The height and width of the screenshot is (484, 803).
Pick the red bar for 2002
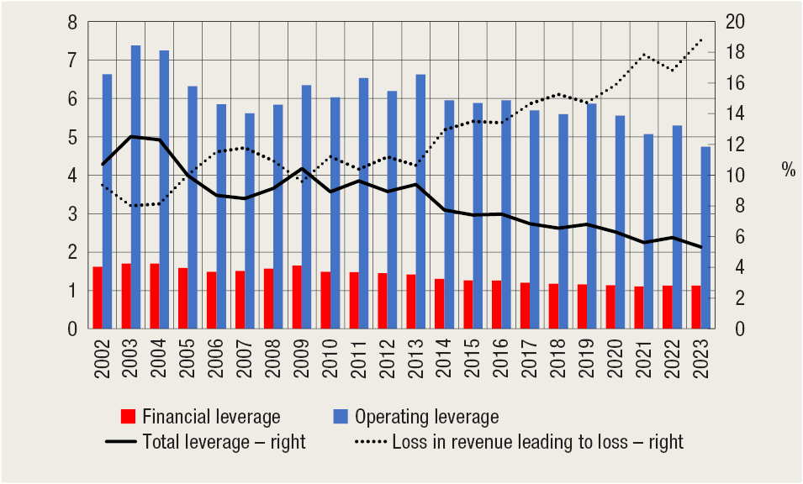point(98,297)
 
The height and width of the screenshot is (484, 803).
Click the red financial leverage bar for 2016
point(497,304)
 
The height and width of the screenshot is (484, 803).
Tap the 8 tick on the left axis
point(73,23)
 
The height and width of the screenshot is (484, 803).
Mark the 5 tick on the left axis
point(73,138)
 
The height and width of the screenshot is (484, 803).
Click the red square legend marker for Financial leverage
point(128,417)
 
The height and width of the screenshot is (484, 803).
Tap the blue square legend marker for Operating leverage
point(338,417)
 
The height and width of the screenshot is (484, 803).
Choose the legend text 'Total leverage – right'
point(225,442)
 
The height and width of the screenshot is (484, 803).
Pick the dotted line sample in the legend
point(366,442)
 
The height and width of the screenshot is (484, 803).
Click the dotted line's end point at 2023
point(701,39)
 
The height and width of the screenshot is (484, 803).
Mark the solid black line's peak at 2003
point(130,136)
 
